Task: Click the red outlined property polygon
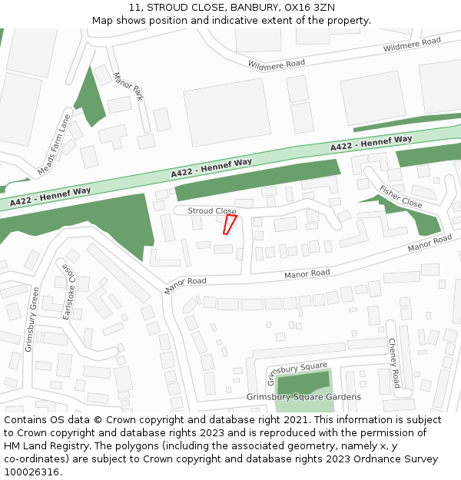pyautogui.click(x=229, y=224)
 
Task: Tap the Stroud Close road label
pyautogui.click(x=212, y=210)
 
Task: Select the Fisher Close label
pyautogui.click(x=400, y=197)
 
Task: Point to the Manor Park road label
pyautogui.click(x=128, y=87)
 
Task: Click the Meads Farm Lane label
pyautogui.click(x=54, y=144)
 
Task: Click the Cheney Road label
pyautogui.click(x=393, y=362)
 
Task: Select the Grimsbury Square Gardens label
pyautogui.click(x=303, y=397)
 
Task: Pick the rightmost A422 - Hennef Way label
pyautogui.click(x=371, y=143)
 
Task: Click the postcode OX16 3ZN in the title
pyautogui.click(x=313, y=8)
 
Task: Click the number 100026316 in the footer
pyautogui.click(x=31, y=472)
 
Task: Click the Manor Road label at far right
pyautogui.click(x=430, y=243)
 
